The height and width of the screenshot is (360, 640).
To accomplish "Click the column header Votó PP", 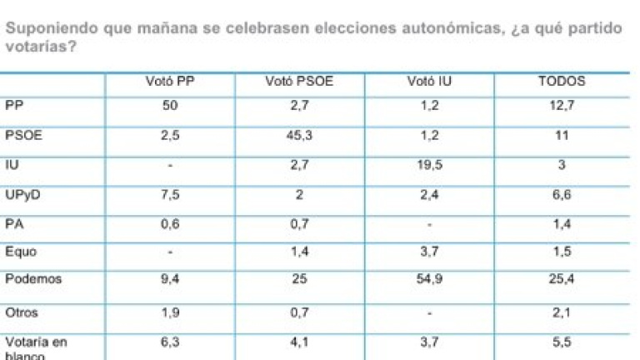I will (169, 81).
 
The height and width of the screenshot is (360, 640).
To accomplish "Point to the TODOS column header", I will (562, 81).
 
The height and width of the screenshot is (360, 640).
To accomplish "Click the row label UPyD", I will (21, 194).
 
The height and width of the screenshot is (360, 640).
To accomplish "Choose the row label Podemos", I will (33, 279).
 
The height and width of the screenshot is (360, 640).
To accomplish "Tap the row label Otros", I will (20, 313).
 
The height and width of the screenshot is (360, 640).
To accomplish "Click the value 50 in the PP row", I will (169, 104).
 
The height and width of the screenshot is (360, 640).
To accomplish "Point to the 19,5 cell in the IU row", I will (427, 166).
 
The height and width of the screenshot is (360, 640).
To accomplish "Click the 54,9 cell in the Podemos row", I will (427, 279).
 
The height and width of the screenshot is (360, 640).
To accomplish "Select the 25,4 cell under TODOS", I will (562, 279).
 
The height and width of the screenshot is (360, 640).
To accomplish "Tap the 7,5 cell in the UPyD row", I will (169, 194).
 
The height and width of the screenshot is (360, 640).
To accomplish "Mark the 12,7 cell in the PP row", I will (562, 104).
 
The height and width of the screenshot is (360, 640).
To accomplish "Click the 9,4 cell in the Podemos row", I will (169, 279).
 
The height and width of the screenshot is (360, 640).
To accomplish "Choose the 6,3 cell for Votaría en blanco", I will (169, 341).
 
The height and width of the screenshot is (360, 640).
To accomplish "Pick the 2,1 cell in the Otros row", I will (562, 313).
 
